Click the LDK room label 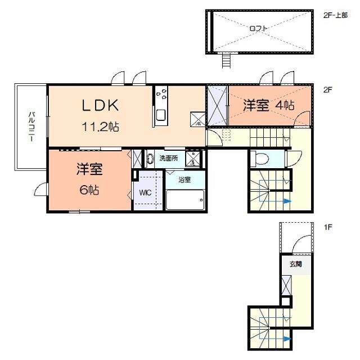[x=101, y=105]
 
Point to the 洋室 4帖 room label [x=268, y=105]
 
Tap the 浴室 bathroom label [x=184, y=180]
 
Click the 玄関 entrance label [x=295, y=263]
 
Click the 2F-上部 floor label [x=335, y=15]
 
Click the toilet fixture [x=260, y=159]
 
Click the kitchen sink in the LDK [x=160, y=116]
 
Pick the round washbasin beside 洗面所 [x=149, y=159]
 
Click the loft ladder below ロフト [x=227, y=59]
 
